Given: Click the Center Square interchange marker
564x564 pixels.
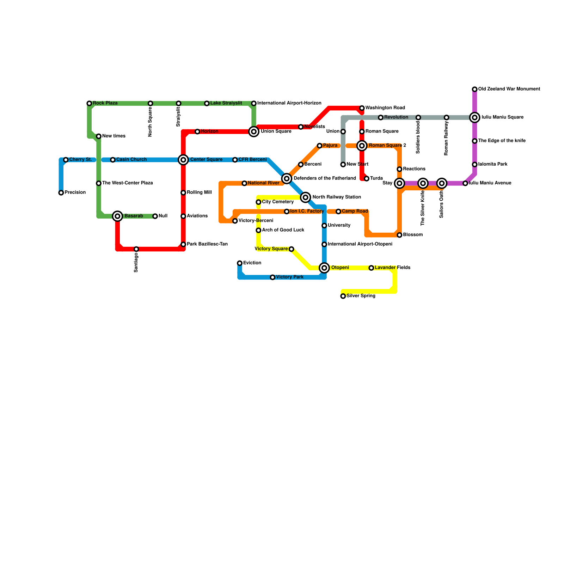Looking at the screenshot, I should point(183,160).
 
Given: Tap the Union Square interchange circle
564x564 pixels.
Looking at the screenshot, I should point(254,131).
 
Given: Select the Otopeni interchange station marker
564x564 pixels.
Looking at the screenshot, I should point(324,268).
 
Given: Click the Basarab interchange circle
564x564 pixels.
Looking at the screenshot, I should point(118,216).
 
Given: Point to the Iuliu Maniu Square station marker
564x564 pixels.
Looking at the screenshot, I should point(475,117).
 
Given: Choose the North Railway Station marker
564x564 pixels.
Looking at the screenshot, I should point(306,197).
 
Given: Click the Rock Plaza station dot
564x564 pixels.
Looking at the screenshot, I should point(89,103).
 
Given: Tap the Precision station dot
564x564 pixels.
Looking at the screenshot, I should point(61,193).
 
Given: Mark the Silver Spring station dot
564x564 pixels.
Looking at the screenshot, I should point(343,296).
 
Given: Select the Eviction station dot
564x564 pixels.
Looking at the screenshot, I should point(240,263).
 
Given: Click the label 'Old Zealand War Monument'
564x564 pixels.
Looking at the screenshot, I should point(509,89).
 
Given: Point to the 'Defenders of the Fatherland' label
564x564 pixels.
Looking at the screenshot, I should point(325,178).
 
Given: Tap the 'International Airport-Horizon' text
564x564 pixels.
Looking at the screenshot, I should point(289,103).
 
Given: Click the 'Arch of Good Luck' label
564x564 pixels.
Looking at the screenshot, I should point(283,230).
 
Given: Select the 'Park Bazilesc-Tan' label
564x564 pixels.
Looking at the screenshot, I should point(207,244).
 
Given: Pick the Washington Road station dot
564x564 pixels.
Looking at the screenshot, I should point(362,108).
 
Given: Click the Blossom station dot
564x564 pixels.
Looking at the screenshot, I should point(399,235).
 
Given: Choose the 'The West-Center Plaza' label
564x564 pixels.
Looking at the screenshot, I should point(127,183).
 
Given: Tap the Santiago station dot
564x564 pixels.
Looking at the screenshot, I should point(136,249).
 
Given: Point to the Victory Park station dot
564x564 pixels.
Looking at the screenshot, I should point(272,277).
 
